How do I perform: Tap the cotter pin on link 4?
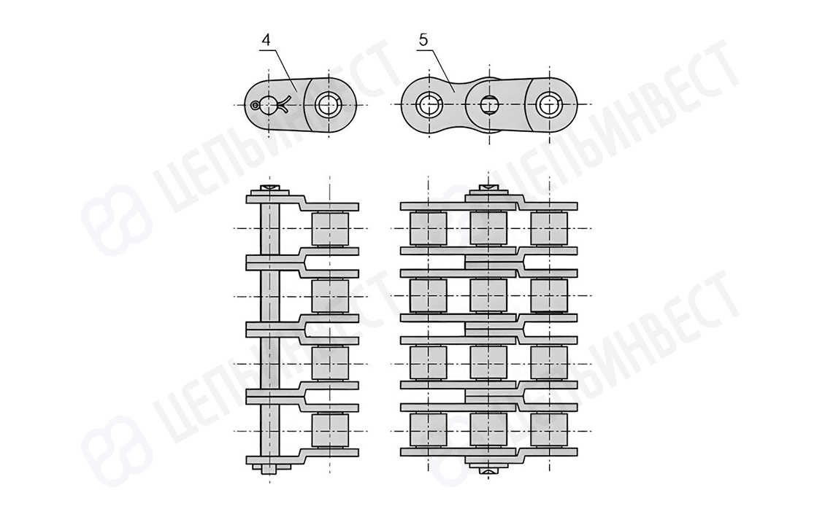(x=272, y=106)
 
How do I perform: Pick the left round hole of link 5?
(x=429, y=106)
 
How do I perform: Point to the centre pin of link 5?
(x=488, y=106)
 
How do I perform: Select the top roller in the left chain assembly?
(x=329, y=229)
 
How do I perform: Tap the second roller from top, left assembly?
(x=329, y=296)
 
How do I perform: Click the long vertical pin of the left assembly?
(x=269, y=328)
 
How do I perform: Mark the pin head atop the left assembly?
(x=269, y=191)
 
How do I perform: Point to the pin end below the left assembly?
(x=269, y=470)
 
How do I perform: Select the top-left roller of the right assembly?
(x=429, y=229)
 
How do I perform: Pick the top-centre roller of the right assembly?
(x=488, y=229)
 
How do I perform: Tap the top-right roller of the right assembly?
(x=548, y=229)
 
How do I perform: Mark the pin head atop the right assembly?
(x=488, y=191)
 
